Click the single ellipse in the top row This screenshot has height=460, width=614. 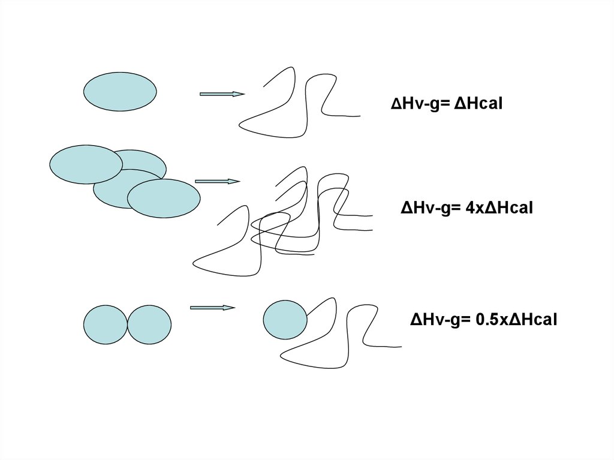[120, 92]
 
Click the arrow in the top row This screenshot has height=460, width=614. [222, 94]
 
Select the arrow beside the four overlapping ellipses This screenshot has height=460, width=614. [218, 181]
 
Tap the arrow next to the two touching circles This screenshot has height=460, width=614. [212, 308]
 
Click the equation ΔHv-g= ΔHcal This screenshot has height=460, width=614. [446, 104]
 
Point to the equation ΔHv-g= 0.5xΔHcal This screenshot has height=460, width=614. [483, 320]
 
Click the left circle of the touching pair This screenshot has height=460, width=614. [105, 324]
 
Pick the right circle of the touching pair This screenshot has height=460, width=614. [150, 324]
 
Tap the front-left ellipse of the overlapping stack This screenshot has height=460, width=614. [85, 164]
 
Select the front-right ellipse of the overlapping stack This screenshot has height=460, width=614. [164, 198]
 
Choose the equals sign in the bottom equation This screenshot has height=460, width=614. [466, 321]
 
